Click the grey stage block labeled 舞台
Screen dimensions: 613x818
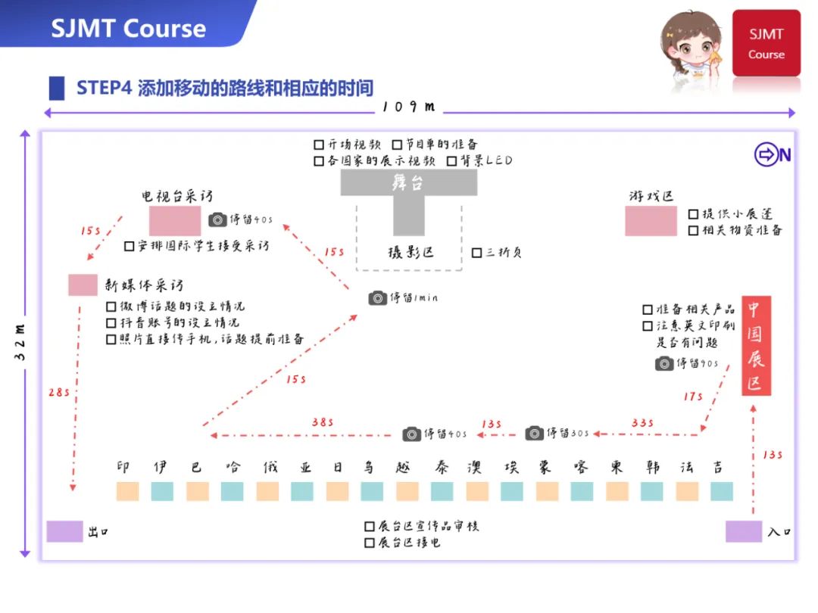click(408, 183)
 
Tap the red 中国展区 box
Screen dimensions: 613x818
click(755, 345)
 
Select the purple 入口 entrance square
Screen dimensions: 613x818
click(743, 531)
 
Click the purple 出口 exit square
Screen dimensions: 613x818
click(64, 531)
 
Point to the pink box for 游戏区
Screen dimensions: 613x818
click(651, 221)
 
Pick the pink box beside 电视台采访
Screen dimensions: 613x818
click(175, 220)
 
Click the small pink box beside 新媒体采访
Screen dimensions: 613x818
click(83, 285)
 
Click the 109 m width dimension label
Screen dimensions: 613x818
click(409, 107)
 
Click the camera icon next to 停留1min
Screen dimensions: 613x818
click(377, 298)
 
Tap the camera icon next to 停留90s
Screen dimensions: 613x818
click(664, 364)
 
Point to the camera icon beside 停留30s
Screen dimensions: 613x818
click(535, 434)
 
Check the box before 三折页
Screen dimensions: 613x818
click(476, 253)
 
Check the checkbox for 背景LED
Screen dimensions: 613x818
click(452, 161)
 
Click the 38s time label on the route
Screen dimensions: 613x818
click(323, 422)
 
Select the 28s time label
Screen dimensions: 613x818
click(58, 394)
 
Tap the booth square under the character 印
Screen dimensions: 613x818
click(127, 492)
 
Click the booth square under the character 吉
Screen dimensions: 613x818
click(721, 492)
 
